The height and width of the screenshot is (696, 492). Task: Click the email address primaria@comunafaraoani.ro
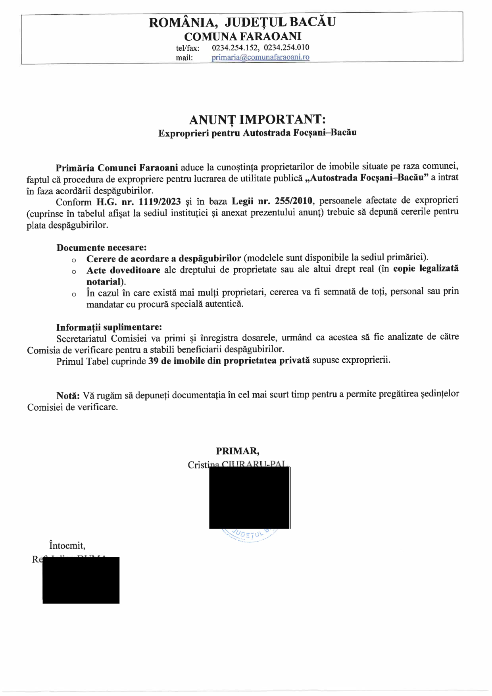point(260,57)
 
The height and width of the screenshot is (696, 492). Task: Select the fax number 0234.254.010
point(286,48)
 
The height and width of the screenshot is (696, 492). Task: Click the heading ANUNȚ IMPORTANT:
point(257,119)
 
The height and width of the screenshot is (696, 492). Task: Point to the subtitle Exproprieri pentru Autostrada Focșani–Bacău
point(257,133)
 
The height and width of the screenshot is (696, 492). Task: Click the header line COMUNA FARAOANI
point(242,36)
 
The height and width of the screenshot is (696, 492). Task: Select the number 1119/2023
point(160,201)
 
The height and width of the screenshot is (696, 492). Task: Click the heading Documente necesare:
point(102,248)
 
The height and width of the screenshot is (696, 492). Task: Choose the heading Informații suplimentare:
point(109,327)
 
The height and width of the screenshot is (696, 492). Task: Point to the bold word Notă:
point(68,396)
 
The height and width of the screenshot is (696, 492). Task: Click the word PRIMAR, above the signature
point(238,451)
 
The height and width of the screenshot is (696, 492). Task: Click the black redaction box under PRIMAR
point(249,498)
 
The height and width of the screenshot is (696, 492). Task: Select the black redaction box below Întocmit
point(81,580)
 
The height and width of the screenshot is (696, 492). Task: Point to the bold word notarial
point(104,282)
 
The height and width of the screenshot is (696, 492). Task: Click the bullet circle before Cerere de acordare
point(74,260)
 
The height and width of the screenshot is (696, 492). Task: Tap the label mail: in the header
point(184,58)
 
